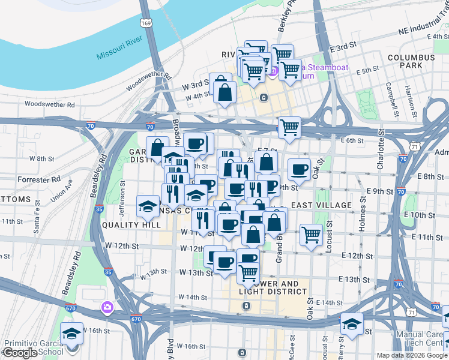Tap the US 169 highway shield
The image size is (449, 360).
(x=146, y=23)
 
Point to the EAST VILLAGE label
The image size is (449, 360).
(x=321, y=205)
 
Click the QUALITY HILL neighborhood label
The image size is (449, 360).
(x=131, y=224)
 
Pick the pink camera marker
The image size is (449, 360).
(x=107, y=307)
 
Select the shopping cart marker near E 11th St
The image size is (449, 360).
(x=311, y=234)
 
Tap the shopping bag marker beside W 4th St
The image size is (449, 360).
(x=224, y=93)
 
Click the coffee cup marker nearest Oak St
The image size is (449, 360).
(x=299, y=169)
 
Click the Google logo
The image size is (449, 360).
(x=20, y=353)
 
